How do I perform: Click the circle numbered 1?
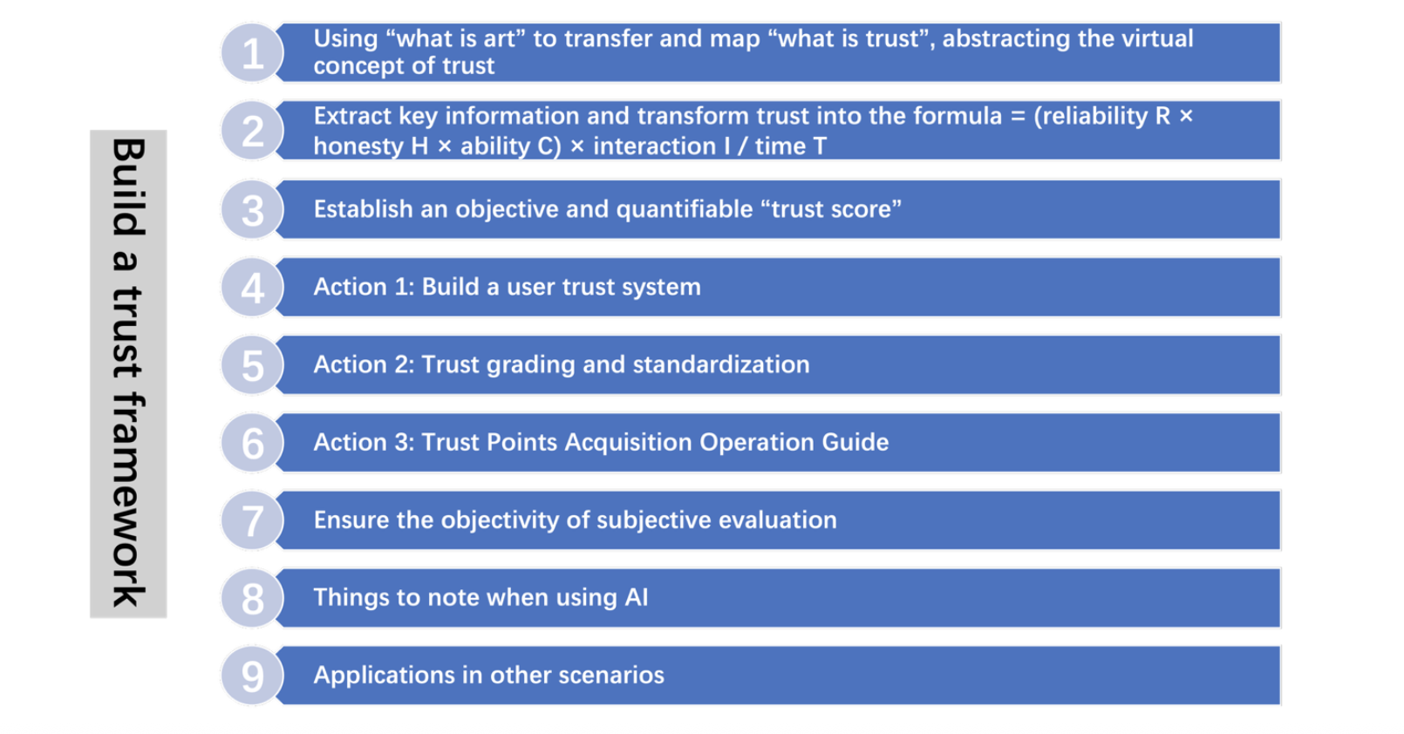(x=252, y=52)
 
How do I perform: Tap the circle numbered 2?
(x=252, y=131)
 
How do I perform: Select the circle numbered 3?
(x=252, y=209)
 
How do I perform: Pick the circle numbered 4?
(x=252, y=287)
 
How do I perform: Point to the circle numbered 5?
(x=252, y=364)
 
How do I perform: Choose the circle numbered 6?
(x=252, y=443)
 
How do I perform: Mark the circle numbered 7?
(x=252, y=520)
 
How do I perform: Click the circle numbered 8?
(x=252, y=598)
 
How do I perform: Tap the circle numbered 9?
(x=252, y=676)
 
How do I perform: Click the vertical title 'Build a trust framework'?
(x=128, y=373)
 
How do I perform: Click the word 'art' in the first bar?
(x=499, y=39)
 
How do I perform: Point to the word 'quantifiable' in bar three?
(x=685, y=209)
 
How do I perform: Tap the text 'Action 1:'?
(x=365, y=287)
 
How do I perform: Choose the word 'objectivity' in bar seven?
(x=500, y=520)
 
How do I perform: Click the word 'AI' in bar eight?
(x=637, y=597)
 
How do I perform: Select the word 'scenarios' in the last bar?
(x=611, y=675)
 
